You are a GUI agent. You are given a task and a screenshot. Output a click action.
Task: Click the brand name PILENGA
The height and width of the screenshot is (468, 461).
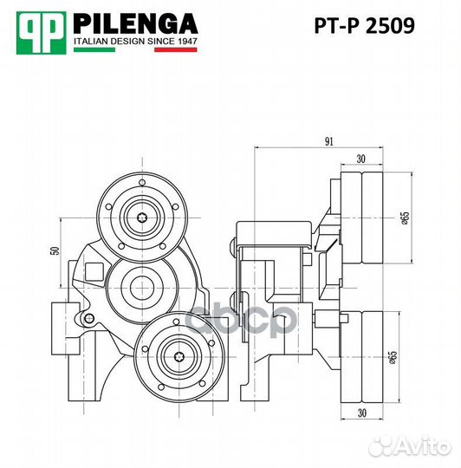click(136, 23)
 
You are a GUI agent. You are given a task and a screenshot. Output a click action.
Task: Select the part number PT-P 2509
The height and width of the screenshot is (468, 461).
click(364, 26)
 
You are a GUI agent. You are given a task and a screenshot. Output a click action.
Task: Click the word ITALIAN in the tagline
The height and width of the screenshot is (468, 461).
click(93, 40)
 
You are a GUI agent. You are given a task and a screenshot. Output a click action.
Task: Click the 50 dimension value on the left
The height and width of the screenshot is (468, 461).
click(54, 250)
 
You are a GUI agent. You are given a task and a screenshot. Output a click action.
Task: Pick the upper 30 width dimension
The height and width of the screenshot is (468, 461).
click(360, 158)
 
